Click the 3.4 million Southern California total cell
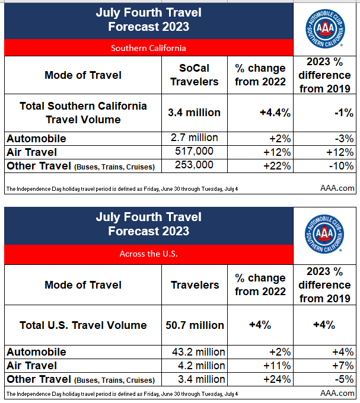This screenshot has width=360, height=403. click(194, 112)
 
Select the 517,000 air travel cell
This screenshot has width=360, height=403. click(194, 152)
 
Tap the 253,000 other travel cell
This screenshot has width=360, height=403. click(194, 165)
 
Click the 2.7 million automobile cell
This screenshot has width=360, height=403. click(194, 138)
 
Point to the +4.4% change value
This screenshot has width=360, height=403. click(260, 112)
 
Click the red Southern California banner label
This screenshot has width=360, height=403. click(148, 47)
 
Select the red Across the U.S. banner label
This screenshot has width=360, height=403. click(148, 254)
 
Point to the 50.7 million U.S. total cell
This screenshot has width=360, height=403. click(195, 325)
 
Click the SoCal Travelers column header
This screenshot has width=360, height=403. click(194, 75)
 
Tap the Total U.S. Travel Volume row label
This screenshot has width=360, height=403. click(83, 325)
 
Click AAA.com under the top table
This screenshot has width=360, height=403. click(337, 188)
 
